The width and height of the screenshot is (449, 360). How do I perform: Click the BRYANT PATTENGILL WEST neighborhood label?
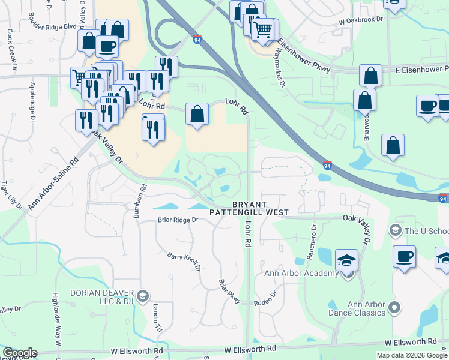tap(249, 208)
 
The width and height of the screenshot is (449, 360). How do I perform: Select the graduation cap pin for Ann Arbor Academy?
tap(346, 261)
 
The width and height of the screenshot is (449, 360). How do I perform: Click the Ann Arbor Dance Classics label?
tap(357, 308)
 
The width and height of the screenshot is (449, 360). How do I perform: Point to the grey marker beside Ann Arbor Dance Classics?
tap(394, 308)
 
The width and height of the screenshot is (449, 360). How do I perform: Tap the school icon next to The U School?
tap(396, 230)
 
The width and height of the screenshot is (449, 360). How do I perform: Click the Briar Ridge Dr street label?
tap(178, 220)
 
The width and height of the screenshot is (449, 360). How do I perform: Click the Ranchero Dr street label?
tap(311, 244)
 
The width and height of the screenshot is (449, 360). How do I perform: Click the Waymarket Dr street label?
tap(279, 70)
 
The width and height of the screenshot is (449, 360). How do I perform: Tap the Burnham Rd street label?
tap(141, 203)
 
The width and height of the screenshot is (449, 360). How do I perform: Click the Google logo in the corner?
tap(20, 353)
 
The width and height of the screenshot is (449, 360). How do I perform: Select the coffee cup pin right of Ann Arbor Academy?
tap(404, 257)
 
